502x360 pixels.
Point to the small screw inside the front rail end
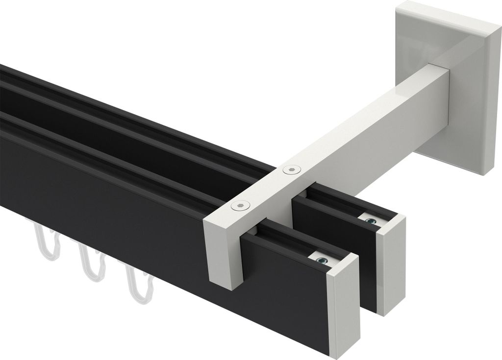click(322, 260)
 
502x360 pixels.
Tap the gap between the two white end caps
click(369, 294)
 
